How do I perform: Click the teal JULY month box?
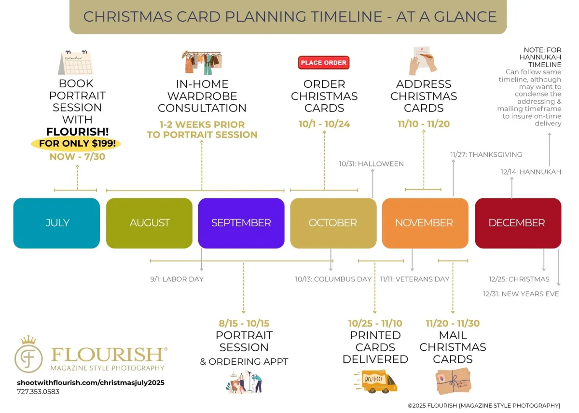point(56,223)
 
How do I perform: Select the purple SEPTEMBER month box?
point(241,223)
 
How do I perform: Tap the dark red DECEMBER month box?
point(518,223)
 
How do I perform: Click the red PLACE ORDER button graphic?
point(324,63)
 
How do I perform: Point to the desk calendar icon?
point(76,63)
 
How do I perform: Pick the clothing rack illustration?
point(202,63)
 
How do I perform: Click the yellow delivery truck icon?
point(375,382)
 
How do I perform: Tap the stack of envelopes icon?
point(453,381)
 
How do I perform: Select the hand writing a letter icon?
point(423,61)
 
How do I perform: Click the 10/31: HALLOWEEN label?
point(372,164)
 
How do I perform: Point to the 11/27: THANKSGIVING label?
point(486,154)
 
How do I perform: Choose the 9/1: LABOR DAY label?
point(177,279)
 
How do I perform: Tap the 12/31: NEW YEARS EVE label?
point(521,294)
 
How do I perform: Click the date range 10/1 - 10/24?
point(324,124)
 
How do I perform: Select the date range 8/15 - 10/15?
point(244,323)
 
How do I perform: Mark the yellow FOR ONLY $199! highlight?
point(76,143)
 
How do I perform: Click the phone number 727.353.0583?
point(38,392)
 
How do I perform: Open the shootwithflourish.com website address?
point(91,383)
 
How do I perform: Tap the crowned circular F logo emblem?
point(28,354)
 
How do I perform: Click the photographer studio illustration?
point(244,382)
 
